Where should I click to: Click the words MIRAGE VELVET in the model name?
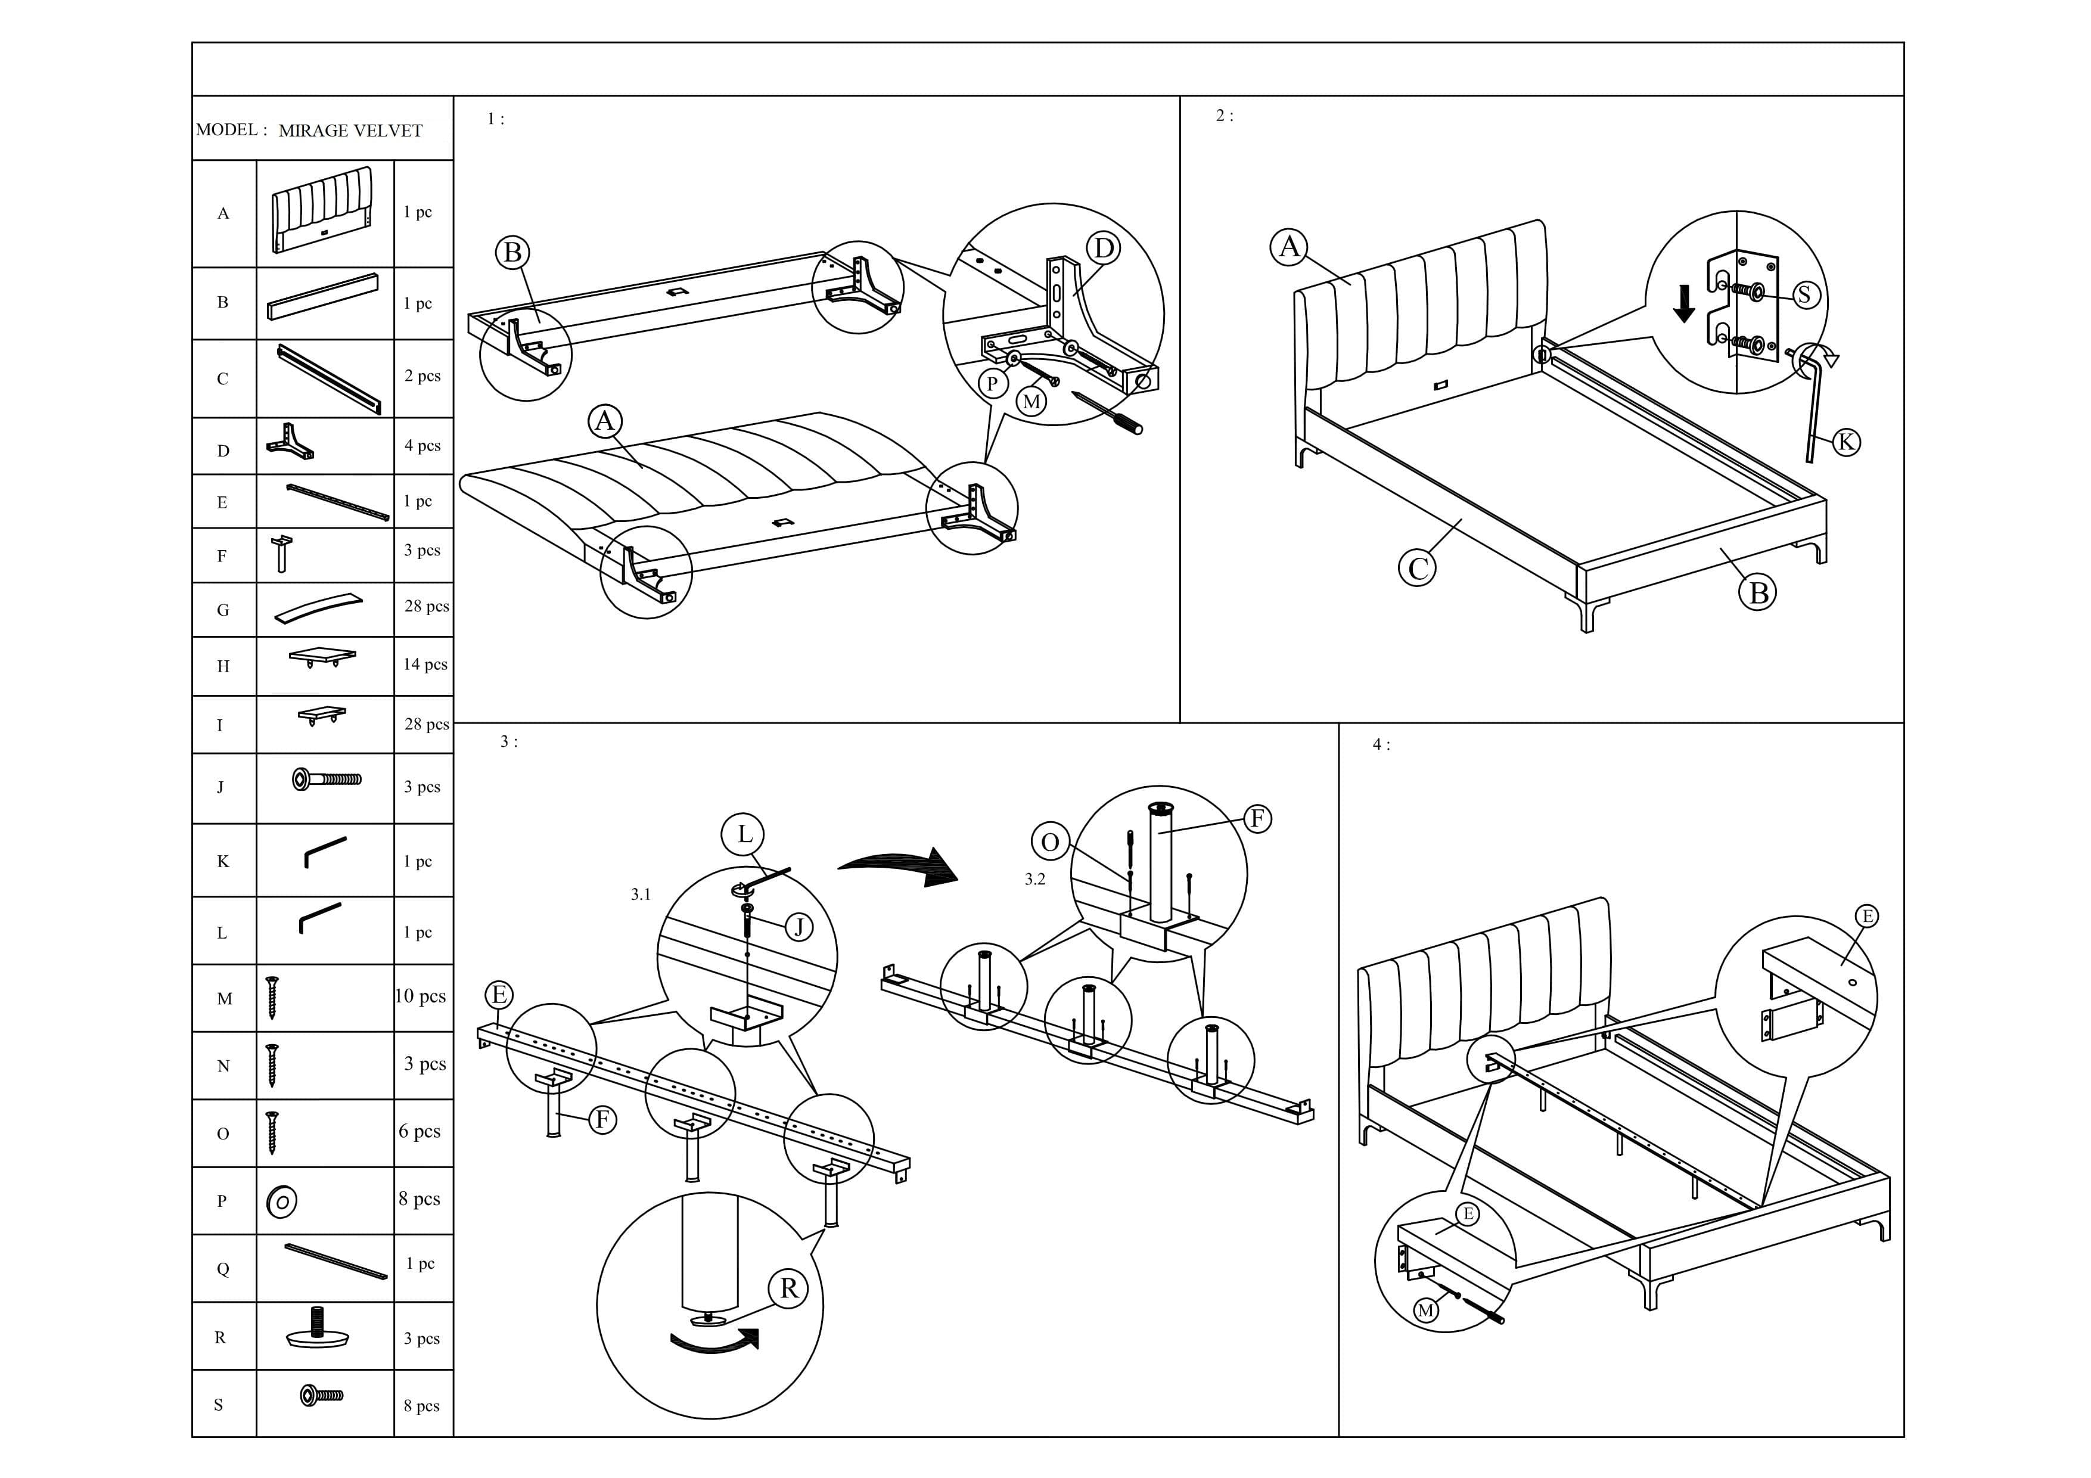coord(350,131)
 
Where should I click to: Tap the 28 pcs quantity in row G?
coord(426,607)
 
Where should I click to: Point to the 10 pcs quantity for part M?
coord(421,996)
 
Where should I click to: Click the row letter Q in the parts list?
coord(222,1269)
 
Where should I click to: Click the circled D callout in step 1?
coord(1103,248)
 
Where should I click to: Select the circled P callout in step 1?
coord(992,383)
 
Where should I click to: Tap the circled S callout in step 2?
coord(1805,294)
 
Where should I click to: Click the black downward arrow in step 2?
coord(1685,303)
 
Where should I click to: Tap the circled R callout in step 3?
coord(788,1288)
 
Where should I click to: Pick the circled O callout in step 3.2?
coord(1049,842)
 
